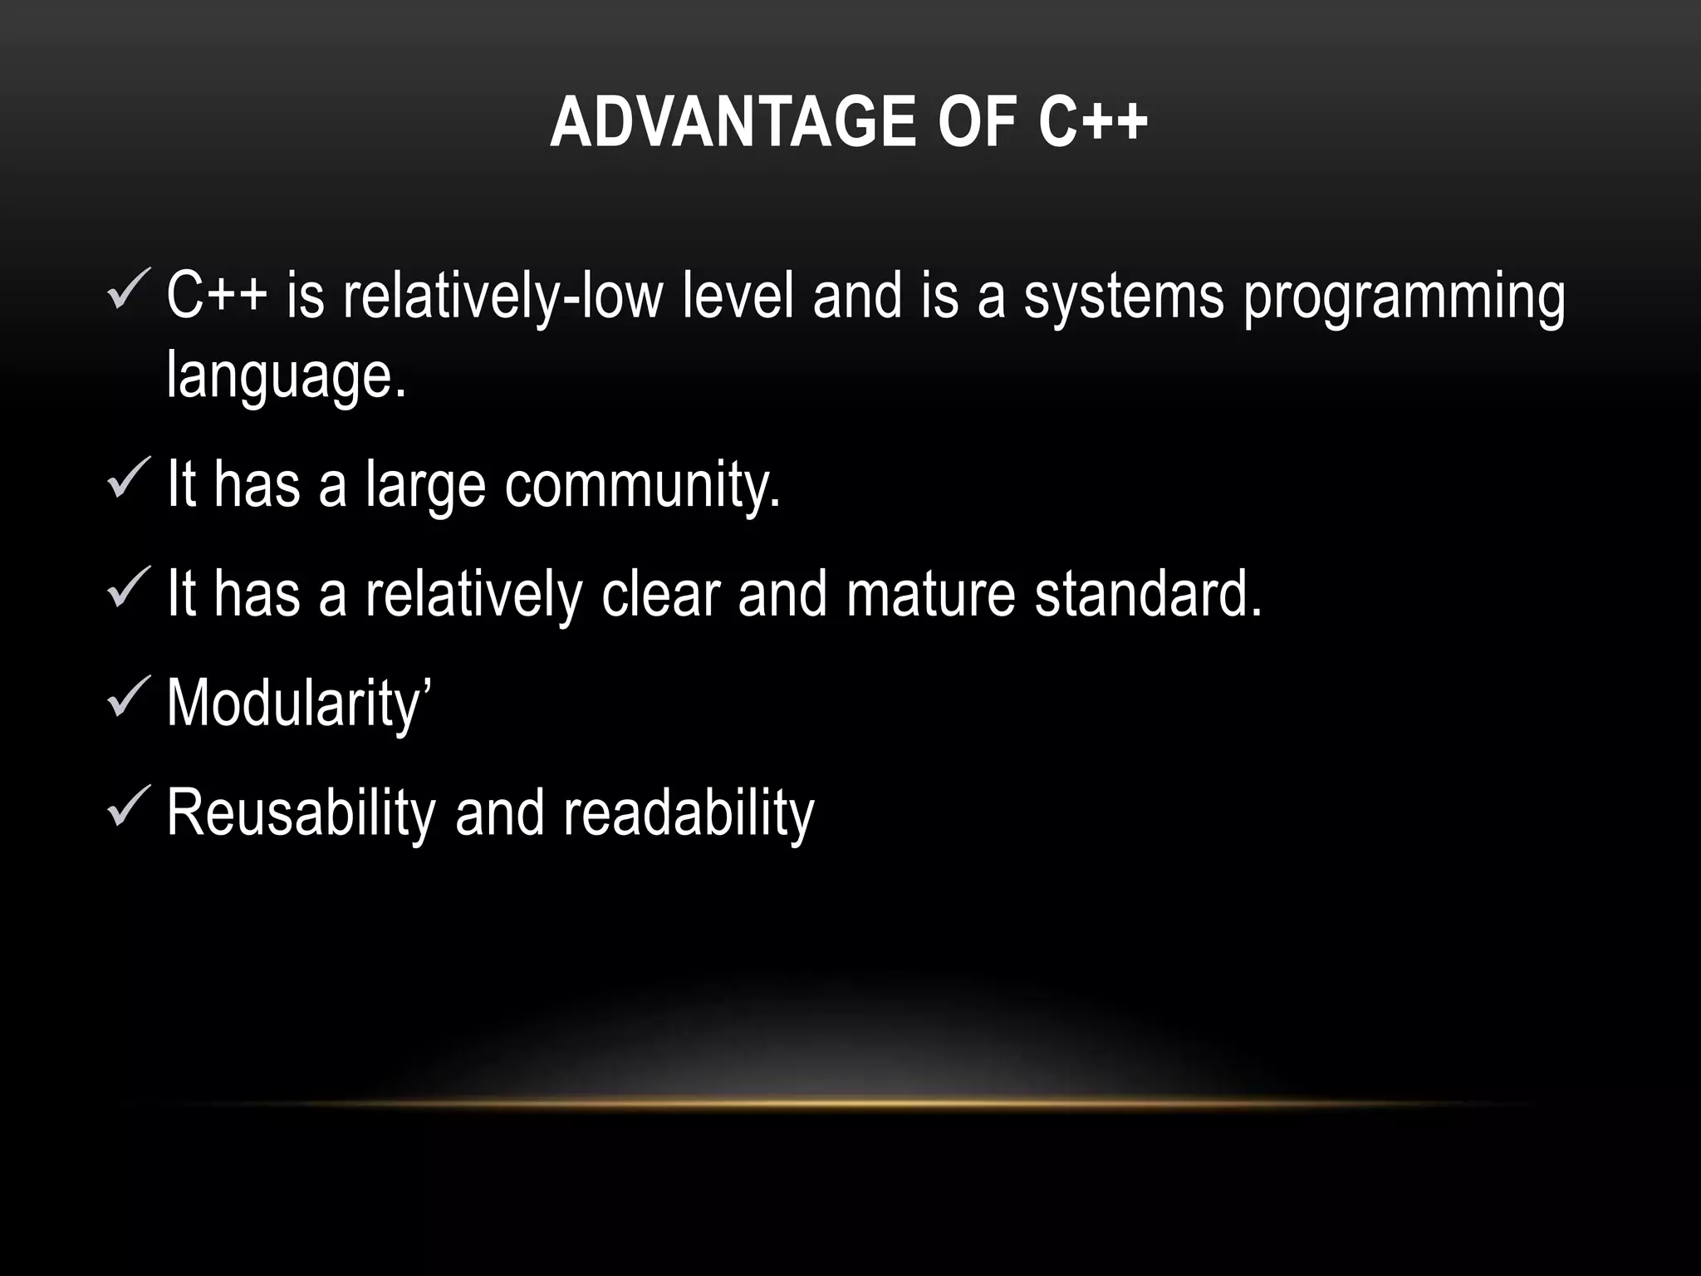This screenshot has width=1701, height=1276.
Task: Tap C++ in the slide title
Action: [x=1093, y=122]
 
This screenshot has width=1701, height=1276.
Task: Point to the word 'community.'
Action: [x=642, y=486]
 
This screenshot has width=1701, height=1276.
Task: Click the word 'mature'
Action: [x=930, y=595]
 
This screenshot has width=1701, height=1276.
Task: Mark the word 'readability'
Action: [x=689, y=813]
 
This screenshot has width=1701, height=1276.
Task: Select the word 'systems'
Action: [x=1124, y=297]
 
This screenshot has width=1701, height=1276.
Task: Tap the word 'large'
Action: [x=424, y=486]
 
